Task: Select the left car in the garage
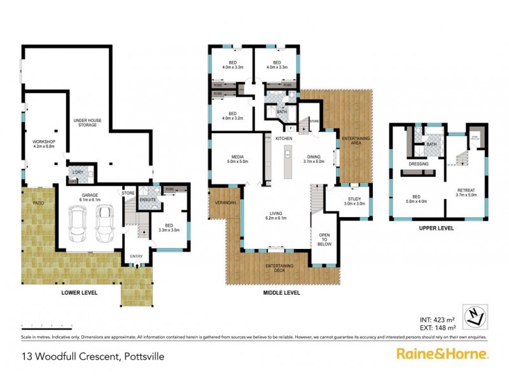81,226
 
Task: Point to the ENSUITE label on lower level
148,199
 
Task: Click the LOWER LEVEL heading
79,292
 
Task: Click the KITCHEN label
284,138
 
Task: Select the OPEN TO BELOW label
323,242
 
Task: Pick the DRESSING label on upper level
419,164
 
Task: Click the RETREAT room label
466,192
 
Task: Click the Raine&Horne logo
442,353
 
